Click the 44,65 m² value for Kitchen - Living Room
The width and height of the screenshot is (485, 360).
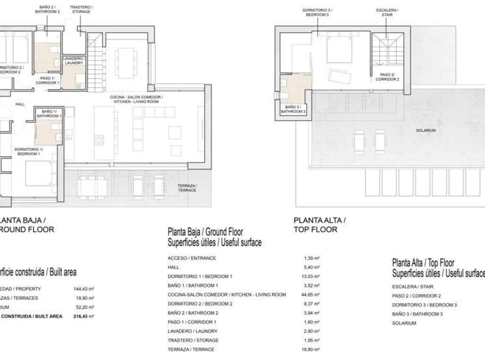pyautogui.click(x=312, y=295)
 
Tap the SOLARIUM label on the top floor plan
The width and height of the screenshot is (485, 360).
pyautogui.click(x=426, y=130)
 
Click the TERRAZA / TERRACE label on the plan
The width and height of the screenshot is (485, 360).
pyautogui.click(x=187, y=188)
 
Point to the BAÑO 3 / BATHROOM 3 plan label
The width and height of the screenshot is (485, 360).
pyautogui.click(x=294, y=109)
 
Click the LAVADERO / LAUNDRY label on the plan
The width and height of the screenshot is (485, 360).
pyautogui.click(x=73, y=61)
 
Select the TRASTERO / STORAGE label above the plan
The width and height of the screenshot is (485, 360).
pyautogui.click(x=81, y=9)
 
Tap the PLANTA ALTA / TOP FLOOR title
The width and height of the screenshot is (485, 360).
pyautogui.click(x=320, y=225)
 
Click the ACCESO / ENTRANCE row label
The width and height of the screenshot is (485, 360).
pyautogui.click(x=192, y=258)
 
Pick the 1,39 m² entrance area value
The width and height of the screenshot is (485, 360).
pyautogui.click(x=312, y=258)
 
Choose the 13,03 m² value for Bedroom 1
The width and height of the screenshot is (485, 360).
pyautogui.click(x=312, y=276)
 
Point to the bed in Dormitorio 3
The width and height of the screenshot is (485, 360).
pyautogui.click(x=339, y=50)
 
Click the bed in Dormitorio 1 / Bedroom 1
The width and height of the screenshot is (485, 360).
pyautogui.click(x=38, y=173)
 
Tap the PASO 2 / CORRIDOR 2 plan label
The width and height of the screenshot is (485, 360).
pyautogui.click(x=387, y=77)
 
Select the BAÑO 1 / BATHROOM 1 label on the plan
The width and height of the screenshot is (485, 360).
pyautogui.click(x=49, y=113)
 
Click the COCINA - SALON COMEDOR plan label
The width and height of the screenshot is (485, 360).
pyautogui.click(x=136, y=99)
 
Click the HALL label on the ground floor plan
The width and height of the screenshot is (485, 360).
pyautogui.click(x=20, y=104)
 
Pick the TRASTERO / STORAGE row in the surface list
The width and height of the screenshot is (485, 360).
pyautogui.click(x=193, y=340)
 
